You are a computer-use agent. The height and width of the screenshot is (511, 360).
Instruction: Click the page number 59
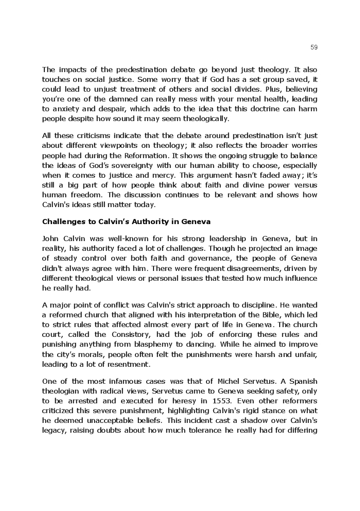[x=314, y=47]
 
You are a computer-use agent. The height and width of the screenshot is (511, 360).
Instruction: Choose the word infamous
[x=121, y=381]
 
